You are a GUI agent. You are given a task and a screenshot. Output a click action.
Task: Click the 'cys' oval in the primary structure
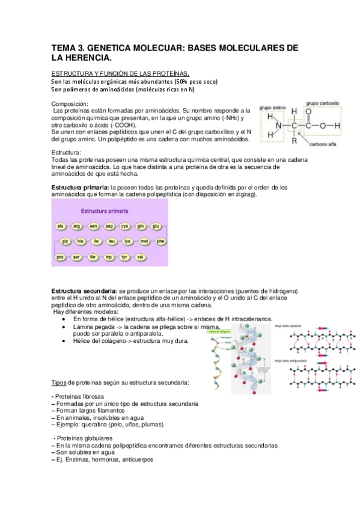[x=125, y=226]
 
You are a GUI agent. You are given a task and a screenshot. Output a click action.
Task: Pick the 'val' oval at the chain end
[x=140, y=257]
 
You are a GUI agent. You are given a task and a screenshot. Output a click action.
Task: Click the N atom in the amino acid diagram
[x=277, y=125]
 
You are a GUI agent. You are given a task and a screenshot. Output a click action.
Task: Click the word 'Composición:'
[x=70, y=104]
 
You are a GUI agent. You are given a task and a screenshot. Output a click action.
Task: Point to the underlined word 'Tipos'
[x=58, y=382]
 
